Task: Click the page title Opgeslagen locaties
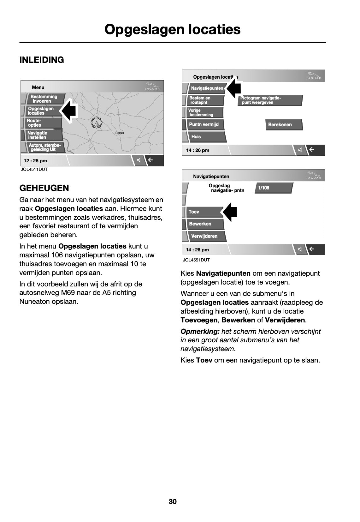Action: [172, 29]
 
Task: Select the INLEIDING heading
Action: [42, 60]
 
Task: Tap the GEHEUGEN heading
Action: [44, 188]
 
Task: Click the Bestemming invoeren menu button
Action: [44, 99]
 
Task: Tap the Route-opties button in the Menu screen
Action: [34, 123]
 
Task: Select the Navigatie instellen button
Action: [38, 135]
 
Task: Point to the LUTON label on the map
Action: [120, 133]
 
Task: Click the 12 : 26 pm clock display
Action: [35, 161]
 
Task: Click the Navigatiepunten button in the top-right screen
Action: [207, 88]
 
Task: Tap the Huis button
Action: [196, 137]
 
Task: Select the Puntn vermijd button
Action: [204, 124]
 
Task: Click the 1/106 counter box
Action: [264, 188]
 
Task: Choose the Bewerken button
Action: [200, 224]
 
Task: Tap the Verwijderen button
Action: [204, 236]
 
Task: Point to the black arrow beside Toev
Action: [231, 212]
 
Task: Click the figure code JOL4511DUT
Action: [34, 169]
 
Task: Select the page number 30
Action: [173, 501]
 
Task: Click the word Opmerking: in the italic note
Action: [200, 331]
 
